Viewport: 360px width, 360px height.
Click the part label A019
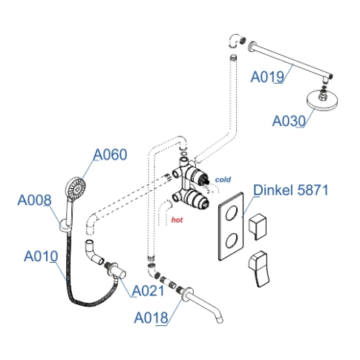point(267,76)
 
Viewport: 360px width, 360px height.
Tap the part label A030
point(289,121)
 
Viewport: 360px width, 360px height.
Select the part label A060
point(110,154)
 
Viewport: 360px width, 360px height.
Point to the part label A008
point(34,200)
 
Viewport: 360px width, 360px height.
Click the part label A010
point(41,256)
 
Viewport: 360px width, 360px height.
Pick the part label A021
point(148,291)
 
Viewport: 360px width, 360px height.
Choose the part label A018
point(151,318)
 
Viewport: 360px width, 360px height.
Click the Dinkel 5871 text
point(291,190)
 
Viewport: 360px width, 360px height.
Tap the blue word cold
point(223,180)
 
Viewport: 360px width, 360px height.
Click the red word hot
point(177,220)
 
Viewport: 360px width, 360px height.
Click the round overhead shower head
point(322,99)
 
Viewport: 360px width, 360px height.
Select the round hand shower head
point(76,188)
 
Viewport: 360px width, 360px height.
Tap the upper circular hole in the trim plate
point(232,213)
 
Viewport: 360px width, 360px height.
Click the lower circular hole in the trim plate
point(232,240)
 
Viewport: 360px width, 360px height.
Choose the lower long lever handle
point(258,269)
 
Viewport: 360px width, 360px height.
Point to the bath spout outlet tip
point(220,320)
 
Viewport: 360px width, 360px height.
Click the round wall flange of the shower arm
point(252,46)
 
